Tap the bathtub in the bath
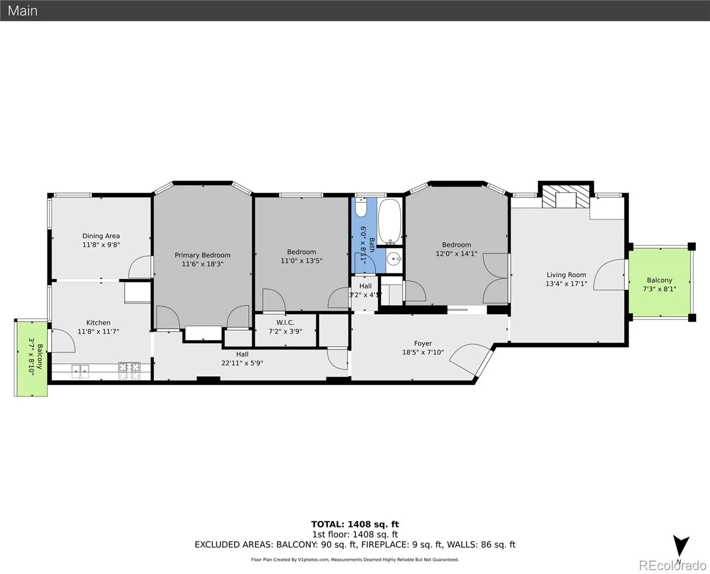389,221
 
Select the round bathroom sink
394,259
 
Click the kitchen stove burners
129,371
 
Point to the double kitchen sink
80,372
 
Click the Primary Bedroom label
203,255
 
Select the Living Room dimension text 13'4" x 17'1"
566,284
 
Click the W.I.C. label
285,322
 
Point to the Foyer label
423,343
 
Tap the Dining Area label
101,236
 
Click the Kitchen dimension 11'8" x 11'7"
99,331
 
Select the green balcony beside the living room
660,283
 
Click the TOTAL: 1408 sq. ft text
355,524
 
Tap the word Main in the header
22,11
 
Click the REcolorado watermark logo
673,565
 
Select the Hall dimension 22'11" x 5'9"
243,363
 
